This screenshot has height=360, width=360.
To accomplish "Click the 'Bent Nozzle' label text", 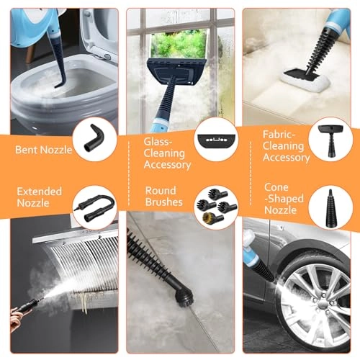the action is click(44, 150).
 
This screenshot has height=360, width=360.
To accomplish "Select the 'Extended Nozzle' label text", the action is click(40, 197).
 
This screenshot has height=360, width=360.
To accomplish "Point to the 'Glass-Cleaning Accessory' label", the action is click(167, 153).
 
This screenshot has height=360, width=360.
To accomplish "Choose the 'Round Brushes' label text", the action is click(164, 197).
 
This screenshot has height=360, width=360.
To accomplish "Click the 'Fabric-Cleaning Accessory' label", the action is click(286, 146).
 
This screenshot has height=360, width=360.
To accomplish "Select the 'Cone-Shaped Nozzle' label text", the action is click(284, 199).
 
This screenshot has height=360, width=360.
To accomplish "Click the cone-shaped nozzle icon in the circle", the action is click(330, 208).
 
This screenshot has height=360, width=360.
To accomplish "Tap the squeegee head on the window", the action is click(176, 71).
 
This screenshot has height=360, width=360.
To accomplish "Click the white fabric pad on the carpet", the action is click(305, 81).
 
